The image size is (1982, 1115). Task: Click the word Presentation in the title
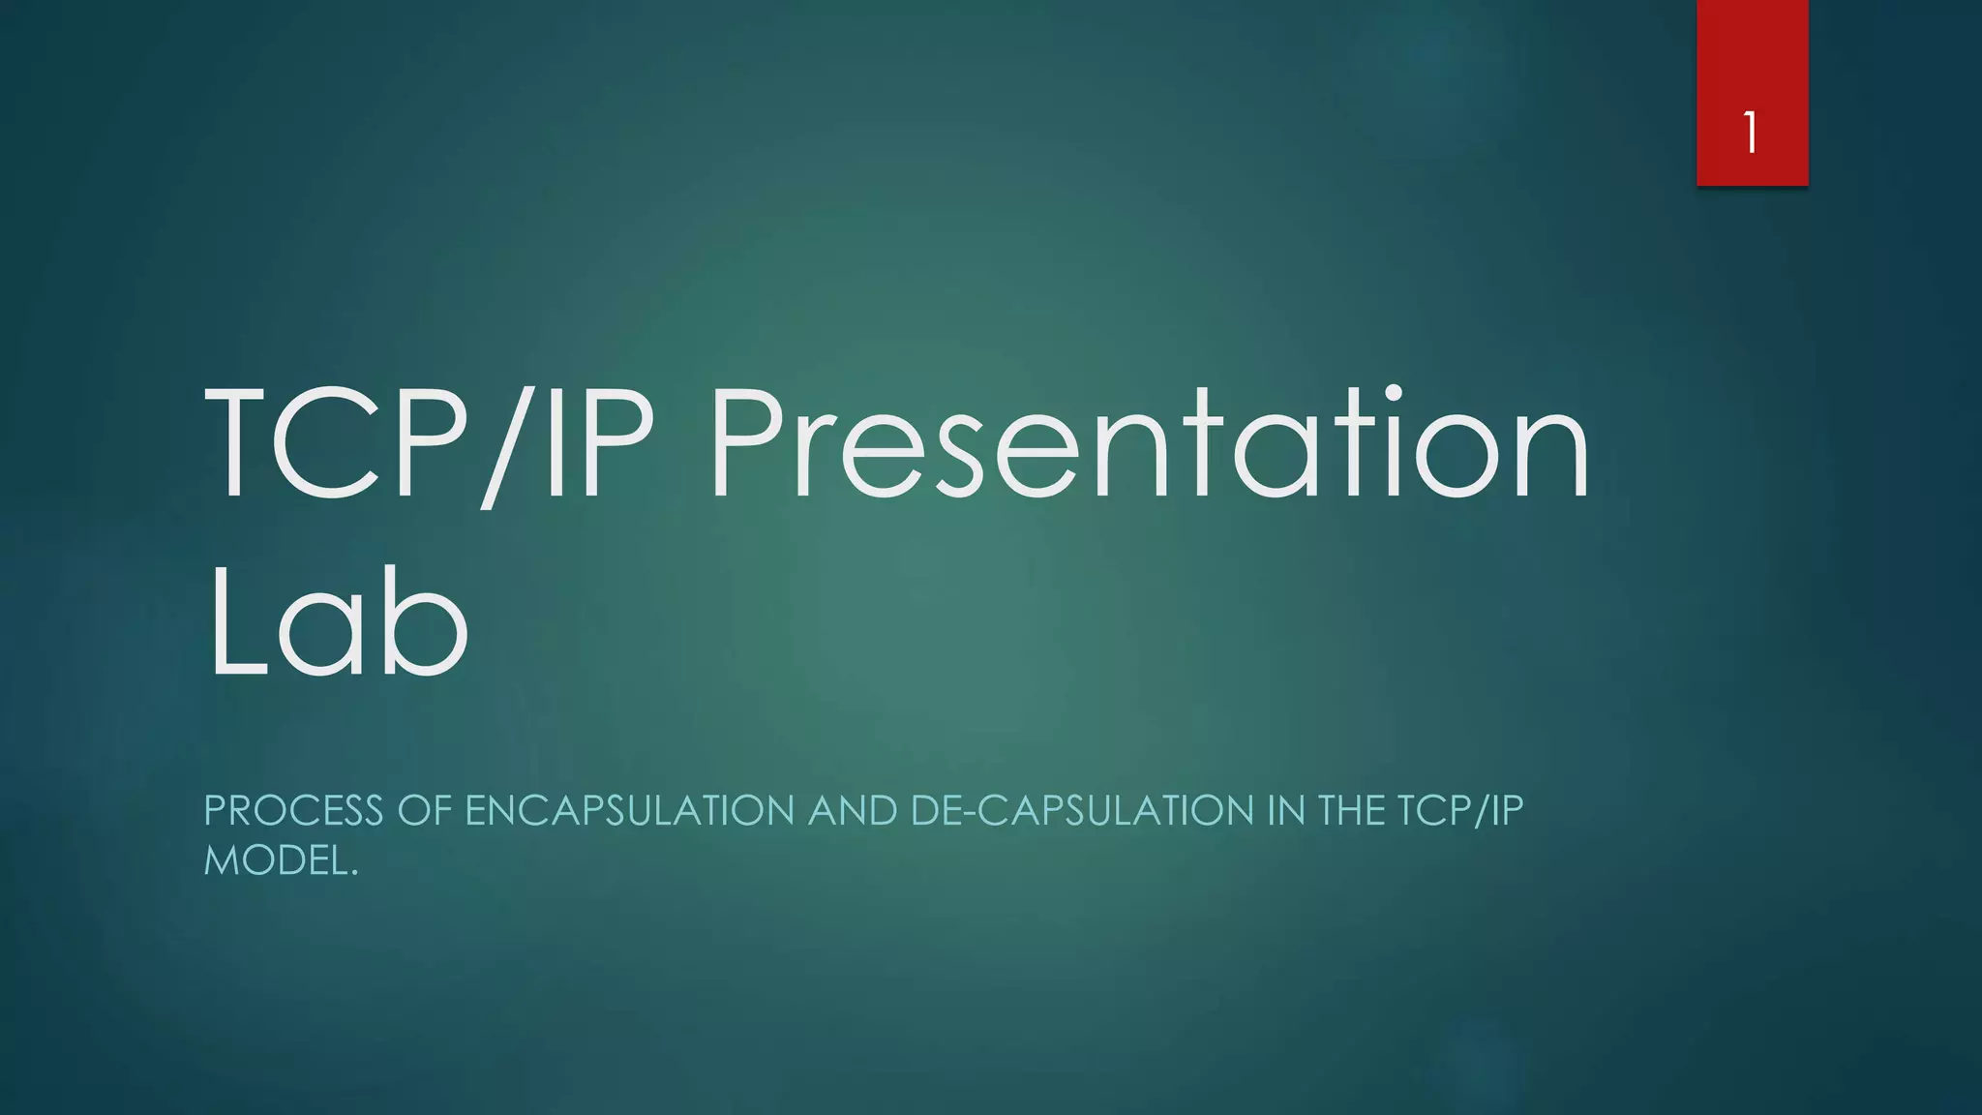point(1149,442)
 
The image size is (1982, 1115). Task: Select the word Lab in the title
point(338,623)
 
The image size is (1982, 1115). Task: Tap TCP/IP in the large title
point(429,442)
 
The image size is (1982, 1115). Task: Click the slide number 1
point(1751,133)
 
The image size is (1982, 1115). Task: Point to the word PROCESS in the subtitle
point(293,811)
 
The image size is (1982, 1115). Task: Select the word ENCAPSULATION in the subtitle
point(630,811)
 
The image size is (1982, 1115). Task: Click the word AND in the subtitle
point(853,811)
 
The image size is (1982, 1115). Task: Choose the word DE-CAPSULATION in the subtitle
point(1082,811)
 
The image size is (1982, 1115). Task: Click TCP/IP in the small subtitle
point(1460,811)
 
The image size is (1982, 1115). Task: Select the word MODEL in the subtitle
point(275,860)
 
